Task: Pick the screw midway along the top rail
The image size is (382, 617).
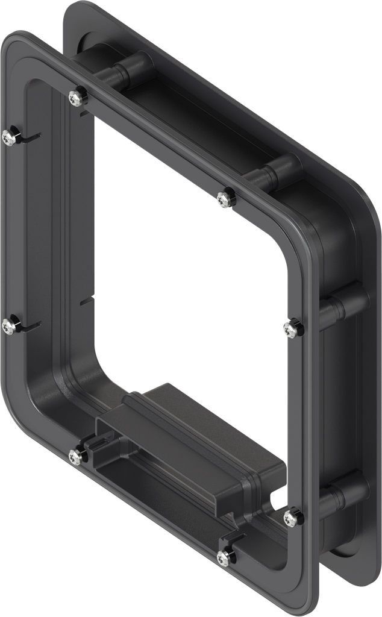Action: [x=225, y=198]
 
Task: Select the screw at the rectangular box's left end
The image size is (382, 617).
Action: [x=76, y=457]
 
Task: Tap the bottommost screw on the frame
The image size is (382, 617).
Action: [x=225, y=557]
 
